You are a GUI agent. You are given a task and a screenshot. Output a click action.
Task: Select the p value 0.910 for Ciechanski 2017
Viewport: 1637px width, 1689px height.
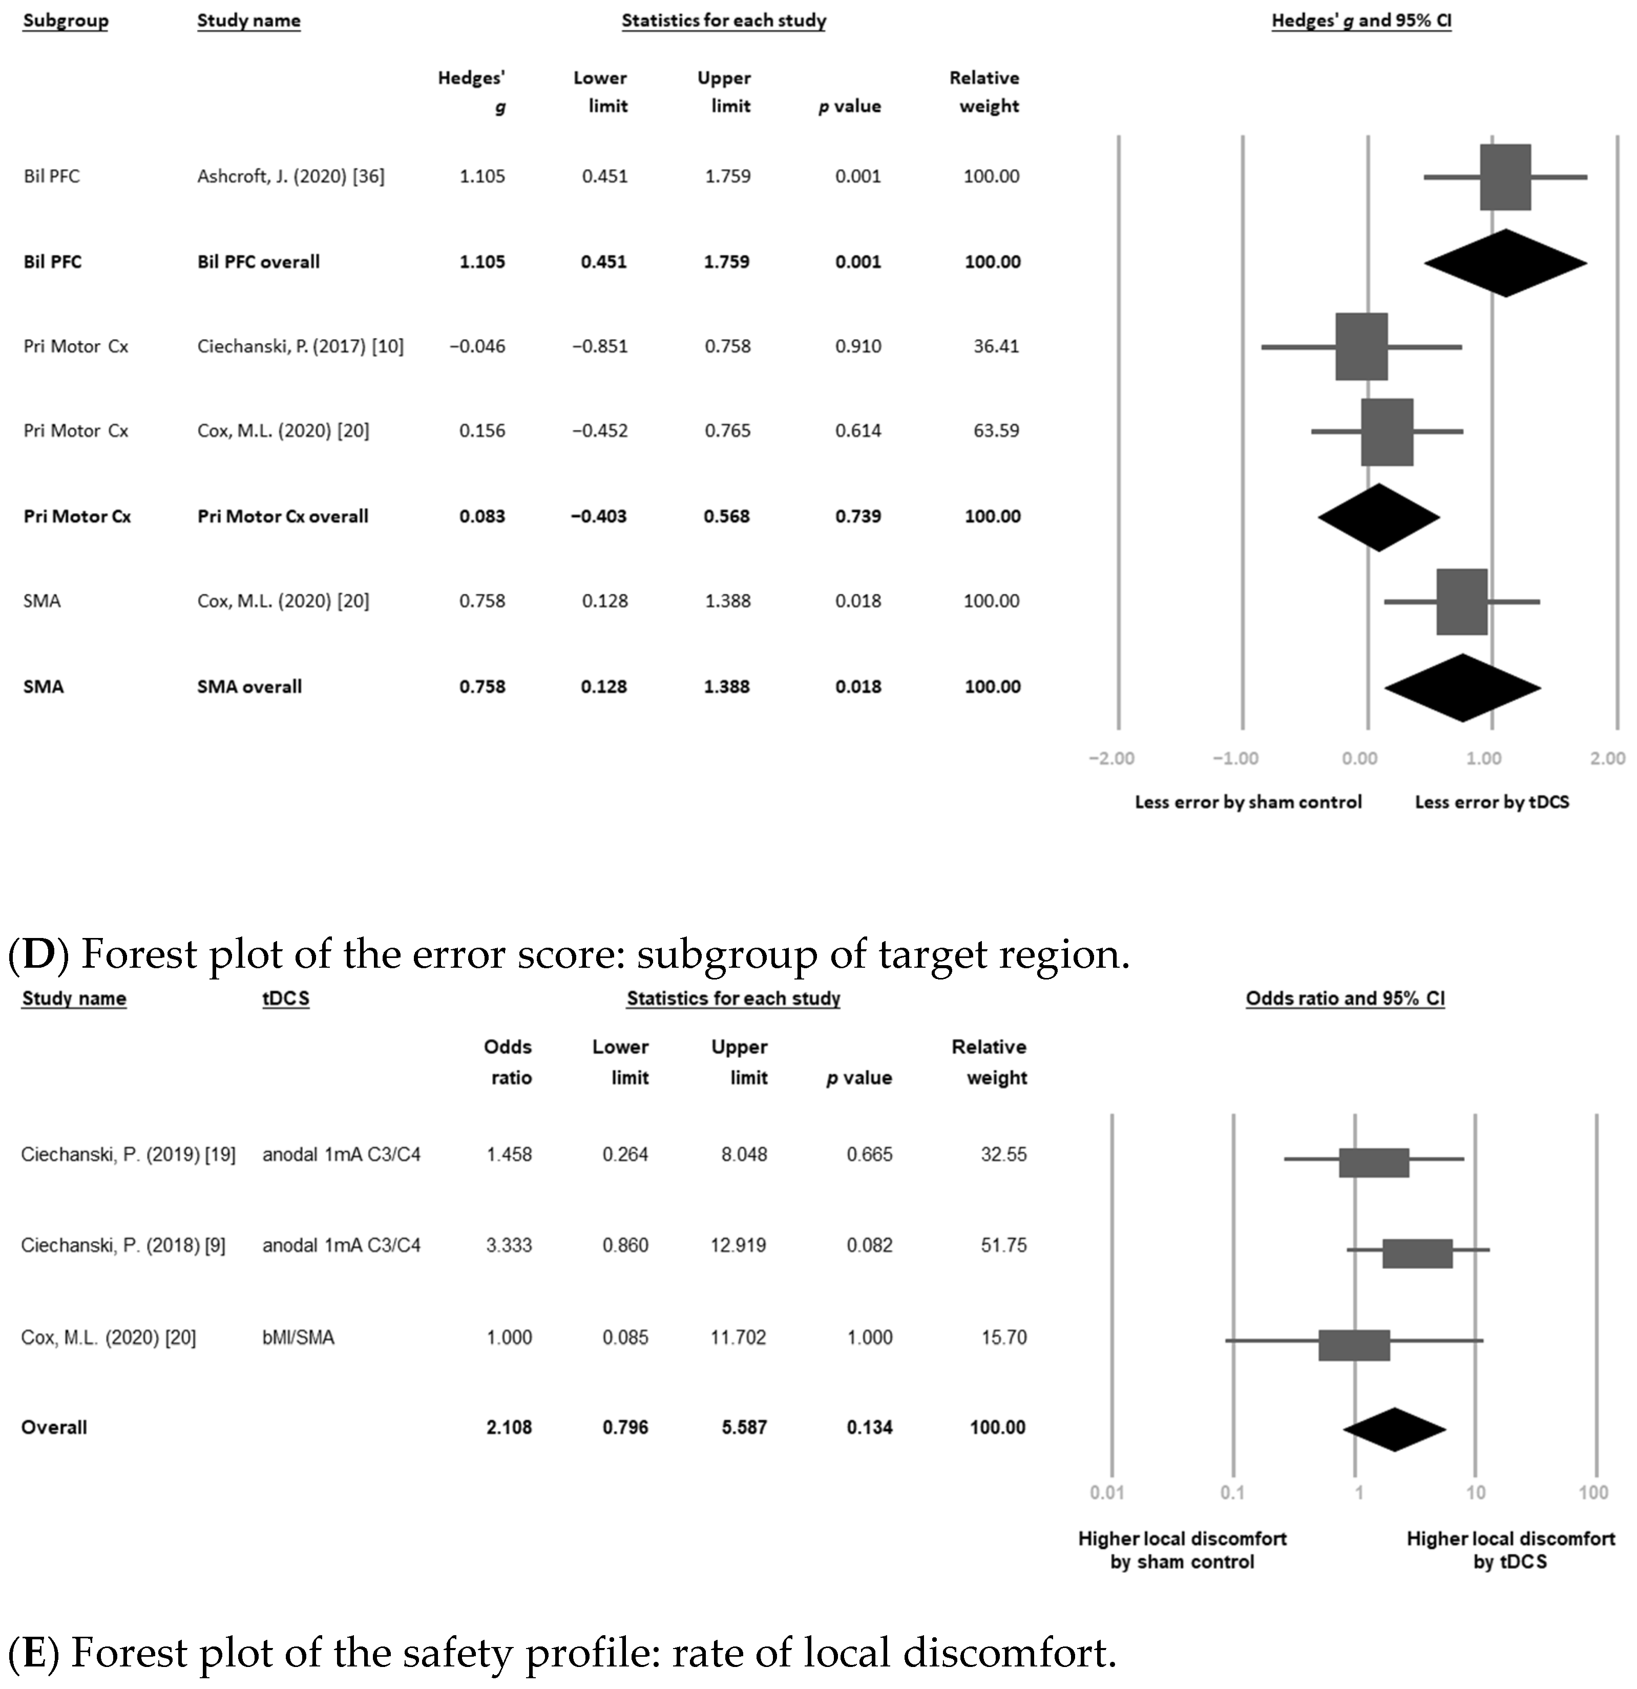[x=857, y=346]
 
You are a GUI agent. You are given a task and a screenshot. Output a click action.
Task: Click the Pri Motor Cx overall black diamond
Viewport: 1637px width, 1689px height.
[x=1378, y=517]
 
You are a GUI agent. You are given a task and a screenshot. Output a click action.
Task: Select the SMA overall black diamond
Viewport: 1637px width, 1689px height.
[x=1462, y=687]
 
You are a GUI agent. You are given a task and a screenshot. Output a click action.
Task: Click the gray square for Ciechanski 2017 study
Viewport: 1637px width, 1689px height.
[x=1361, y=346]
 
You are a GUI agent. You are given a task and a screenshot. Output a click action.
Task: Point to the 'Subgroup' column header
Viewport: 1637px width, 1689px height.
[x=66, y=20]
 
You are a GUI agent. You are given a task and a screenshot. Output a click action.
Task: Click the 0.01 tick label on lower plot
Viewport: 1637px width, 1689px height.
[x=1107, y=1492]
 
